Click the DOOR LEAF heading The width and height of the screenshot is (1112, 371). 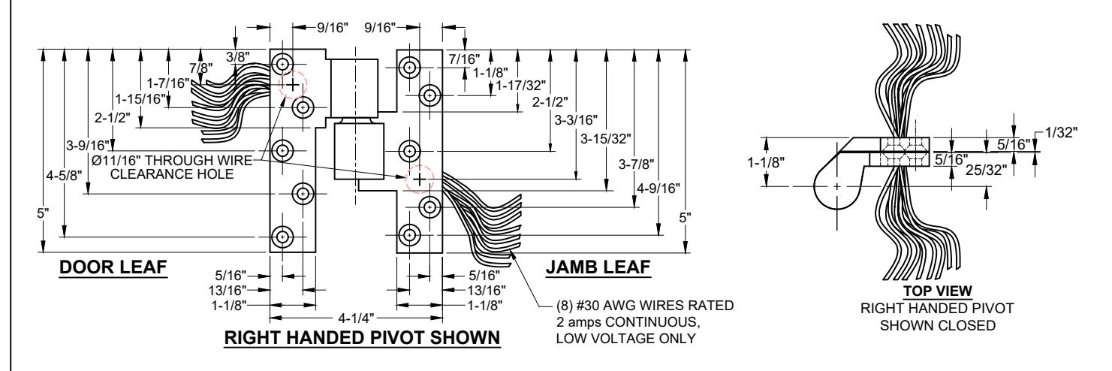point(113,267)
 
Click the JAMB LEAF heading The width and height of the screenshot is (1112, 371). point(598,267)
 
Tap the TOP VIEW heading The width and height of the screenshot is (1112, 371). point(938,291)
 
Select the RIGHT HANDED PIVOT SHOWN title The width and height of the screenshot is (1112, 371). point(363,337)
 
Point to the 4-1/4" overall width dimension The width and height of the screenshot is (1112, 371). point(356,318)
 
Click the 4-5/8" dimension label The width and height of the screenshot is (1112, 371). point(64,175)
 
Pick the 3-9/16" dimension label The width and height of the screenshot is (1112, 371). point(88,145)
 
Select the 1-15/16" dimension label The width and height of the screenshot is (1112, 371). point(140,99)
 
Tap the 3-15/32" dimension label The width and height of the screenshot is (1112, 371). point(606,138)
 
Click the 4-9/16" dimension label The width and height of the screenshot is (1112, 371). point(658,189)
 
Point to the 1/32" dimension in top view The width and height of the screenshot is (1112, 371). point(1062,133)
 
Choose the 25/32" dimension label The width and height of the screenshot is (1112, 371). point(987,170)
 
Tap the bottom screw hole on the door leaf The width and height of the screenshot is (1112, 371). point(282,237)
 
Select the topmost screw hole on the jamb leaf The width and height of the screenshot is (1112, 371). point(409,67)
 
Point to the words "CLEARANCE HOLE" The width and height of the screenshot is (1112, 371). point(172,173)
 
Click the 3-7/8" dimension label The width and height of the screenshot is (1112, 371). point(637,164)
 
